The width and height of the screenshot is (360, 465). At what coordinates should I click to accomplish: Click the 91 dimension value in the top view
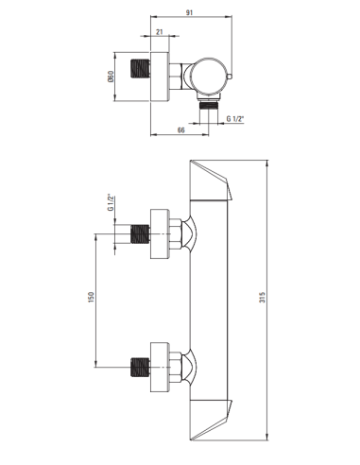click(x=191, y=13)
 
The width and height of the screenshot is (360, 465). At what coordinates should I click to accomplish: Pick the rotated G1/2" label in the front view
click(x=111, y=203)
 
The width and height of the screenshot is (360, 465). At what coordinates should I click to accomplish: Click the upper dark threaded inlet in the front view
click(x=140, y=233)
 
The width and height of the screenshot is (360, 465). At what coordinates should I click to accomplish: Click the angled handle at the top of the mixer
click(x=213, y=181)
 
